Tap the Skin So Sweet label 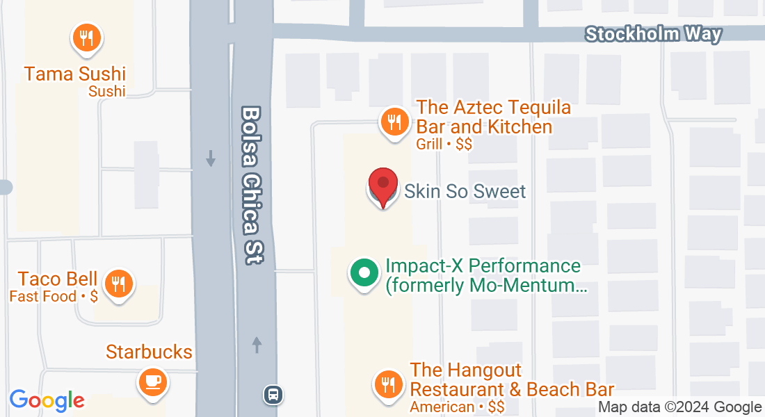pos(465,191)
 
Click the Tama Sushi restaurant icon pos(87,39)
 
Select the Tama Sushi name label pos(75,74)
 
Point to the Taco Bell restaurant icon pos(118,284)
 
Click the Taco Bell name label pos(58,279)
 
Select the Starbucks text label pos(149,352)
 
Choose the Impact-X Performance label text pos(483,275)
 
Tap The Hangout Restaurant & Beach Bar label pos(512,379)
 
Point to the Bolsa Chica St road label pos(251,185)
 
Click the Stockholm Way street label pos(653,34)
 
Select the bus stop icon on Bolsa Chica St pos(273,395)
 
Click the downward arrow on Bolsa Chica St pos(211,159)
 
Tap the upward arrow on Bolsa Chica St pos(257,344)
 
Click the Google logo pos(47,400)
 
